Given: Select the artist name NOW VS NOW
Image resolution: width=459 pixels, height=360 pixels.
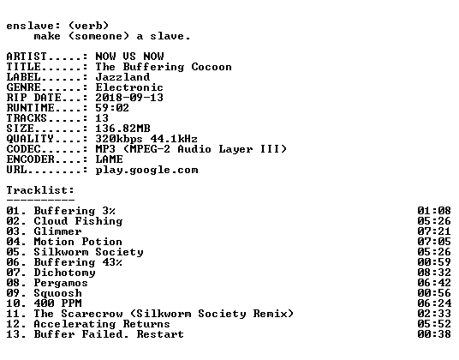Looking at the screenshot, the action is tap(129, 57).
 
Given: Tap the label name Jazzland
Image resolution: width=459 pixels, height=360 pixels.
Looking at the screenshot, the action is tap(122, 77).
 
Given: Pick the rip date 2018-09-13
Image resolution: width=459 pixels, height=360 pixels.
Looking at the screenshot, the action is tap(129, 98).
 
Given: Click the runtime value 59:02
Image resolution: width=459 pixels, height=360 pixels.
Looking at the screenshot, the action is tap(112, 108).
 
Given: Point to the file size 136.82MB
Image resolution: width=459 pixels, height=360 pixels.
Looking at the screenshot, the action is tap(123, 129).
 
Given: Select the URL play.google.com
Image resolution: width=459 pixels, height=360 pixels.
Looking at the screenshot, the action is tap(147, 170).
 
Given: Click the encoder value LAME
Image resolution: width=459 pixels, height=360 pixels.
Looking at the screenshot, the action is tap(110, 159).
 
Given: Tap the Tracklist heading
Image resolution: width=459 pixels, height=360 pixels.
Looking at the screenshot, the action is tap(40, 190).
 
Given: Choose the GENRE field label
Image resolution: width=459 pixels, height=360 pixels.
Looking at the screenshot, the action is tap(24, 87).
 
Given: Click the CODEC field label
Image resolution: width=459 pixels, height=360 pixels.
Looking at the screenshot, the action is tap(24, 149).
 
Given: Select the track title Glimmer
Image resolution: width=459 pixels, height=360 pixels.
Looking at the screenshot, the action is tap(57, 231).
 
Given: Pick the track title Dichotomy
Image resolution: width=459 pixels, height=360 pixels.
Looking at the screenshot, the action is tap(65, 273).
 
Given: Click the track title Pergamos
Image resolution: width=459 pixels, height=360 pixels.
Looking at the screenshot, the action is tap(61, 283).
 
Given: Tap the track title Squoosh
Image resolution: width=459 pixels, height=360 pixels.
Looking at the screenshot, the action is tap(58, 293).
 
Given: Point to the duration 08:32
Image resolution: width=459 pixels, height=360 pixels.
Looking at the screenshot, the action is tap(434, 273).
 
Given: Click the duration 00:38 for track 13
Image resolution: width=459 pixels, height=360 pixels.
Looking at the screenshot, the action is tap(434, 334).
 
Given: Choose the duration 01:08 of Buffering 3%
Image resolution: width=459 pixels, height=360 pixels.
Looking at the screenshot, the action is tap(434, 211).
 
